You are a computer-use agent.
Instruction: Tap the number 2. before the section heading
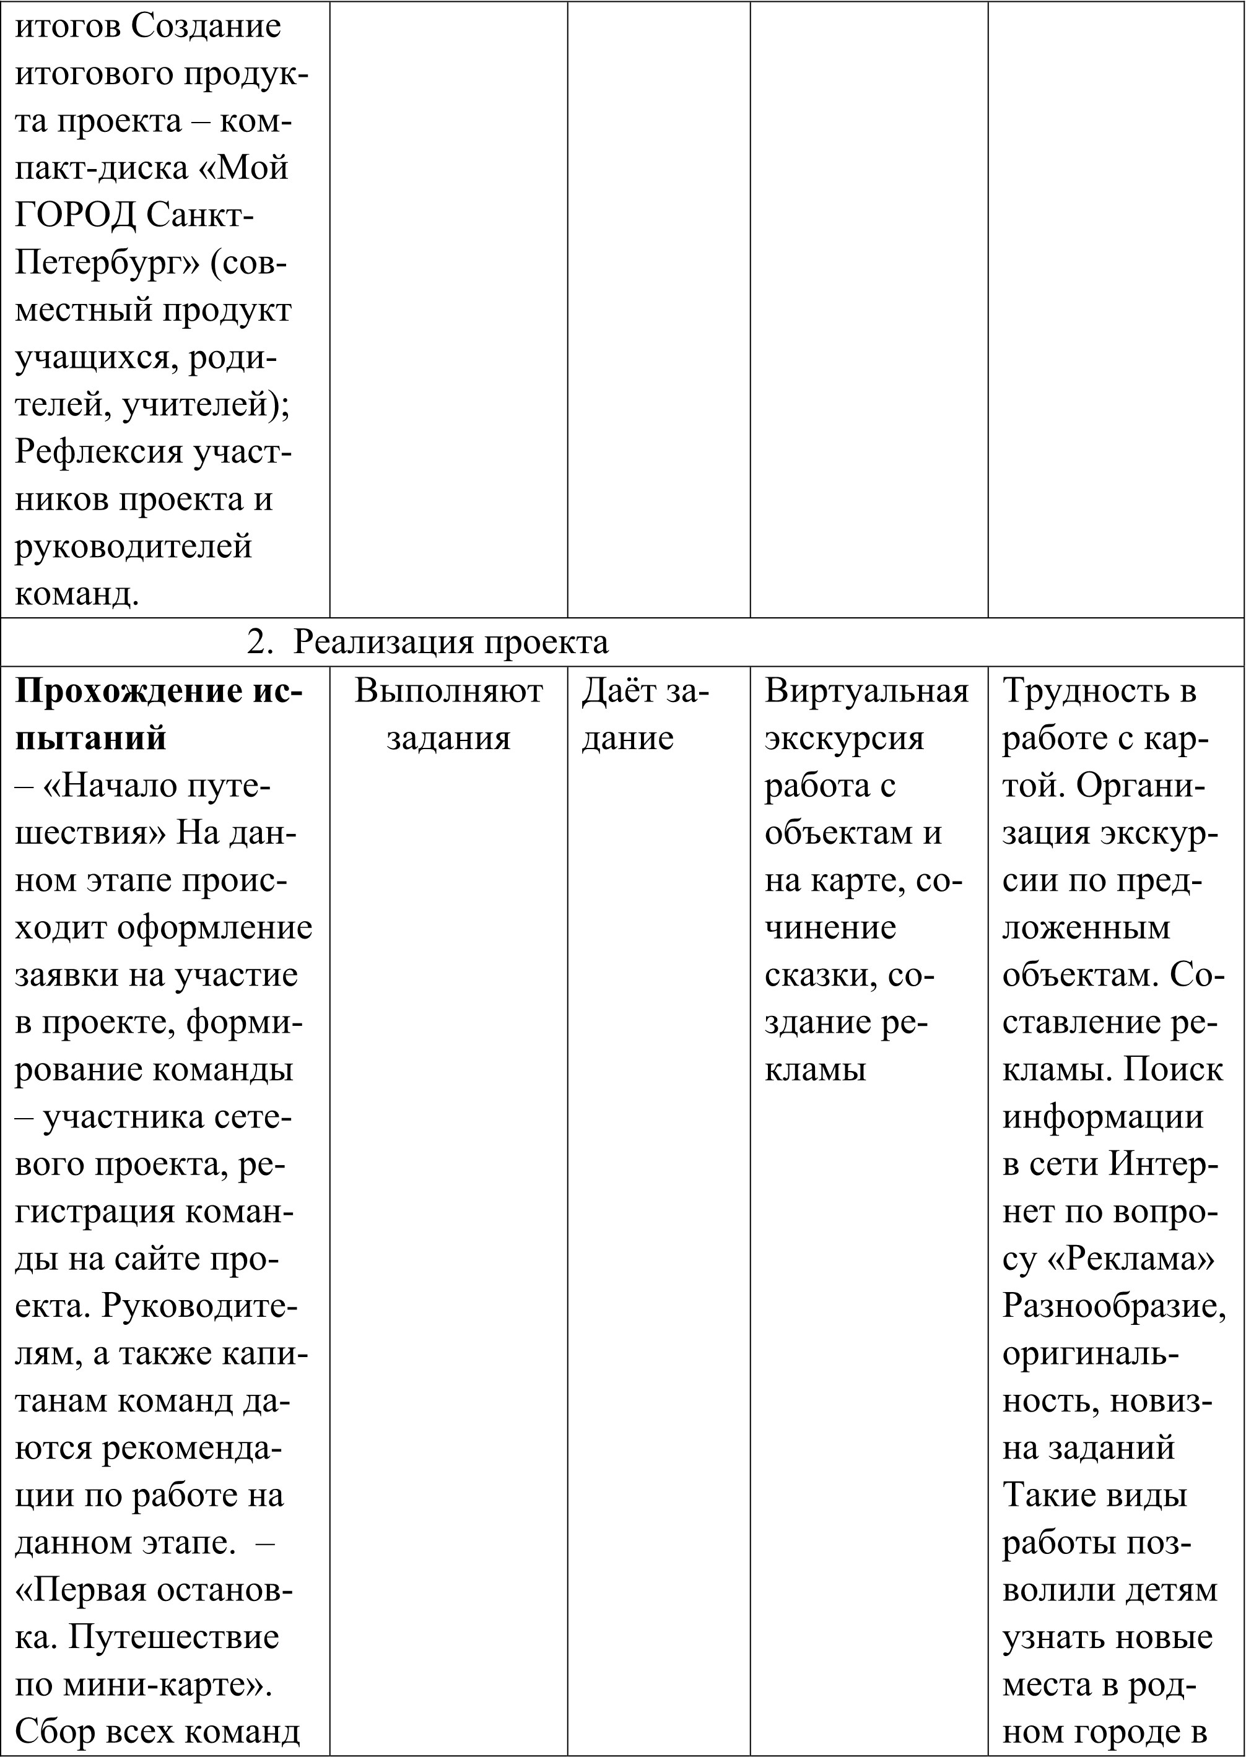click(x=259, y=643)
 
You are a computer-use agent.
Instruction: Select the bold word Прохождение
click(x=131, y=692)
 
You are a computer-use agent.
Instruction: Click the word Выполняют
click(x=448, y=692)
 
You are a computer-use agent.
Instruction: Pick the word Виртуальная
click(x=867, y=692)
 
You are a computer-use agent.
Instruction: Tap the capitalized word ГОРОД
click(x=75, y=216)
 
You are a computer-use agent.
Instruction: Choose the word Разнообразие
click(x=1114, y=1307)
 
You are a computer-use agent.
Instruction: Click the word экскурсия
click(x=844, y=739)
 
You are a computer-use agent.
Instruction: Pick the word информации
click(x=1102, y=1118)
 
